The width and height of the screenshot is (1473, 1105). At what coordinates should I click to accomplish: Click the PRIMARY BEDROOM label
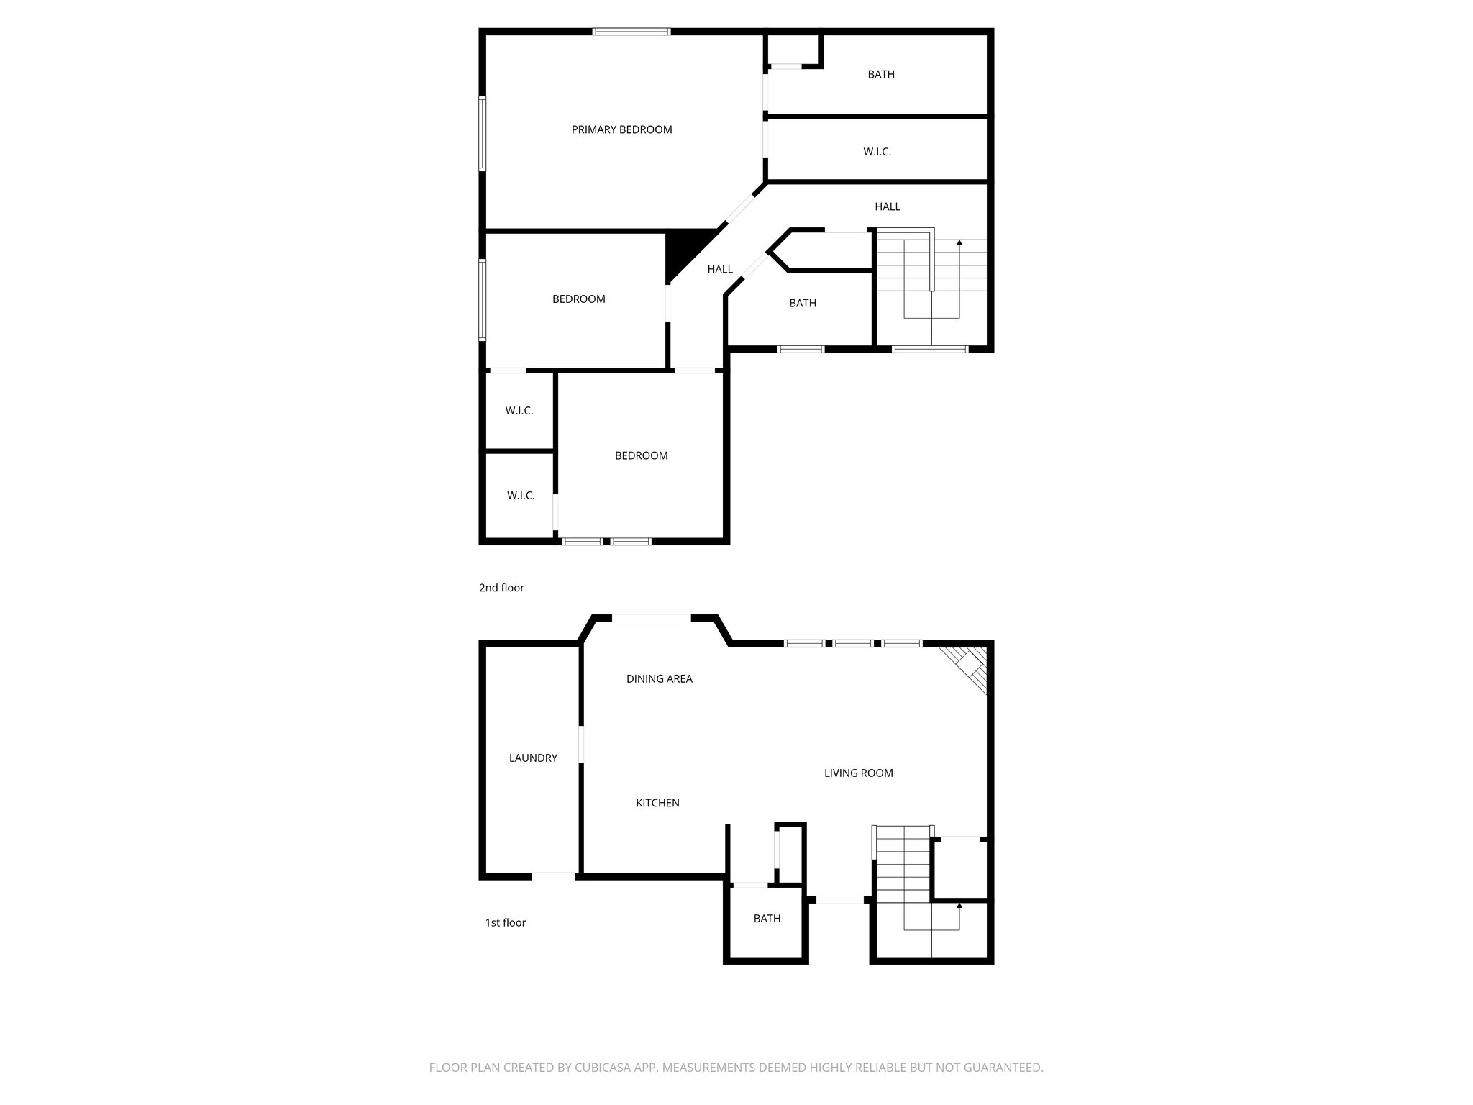tap(621, 129)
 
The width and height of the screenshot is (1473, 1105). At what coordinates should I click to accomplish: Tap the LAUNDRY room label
tap(533, 758)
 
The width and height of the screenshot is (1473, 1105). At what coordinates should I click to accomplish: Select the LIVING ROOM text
tap(858, 773)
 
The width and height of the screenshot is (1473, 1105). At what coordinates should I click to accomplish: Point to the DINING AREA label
tap(659, 678)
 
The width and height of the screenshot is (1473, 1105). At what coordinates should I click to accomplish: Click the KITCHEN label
tap(657, 803)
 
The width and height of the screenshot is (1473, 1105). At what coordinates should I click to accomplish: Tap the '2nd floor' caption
tap(501, 588)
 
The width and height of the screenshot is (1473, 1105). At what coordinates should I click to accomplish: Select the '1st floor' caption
tap(505, 922)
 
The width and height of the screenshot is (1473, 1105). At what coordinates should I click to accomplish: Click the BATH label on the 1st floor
tap(767, 918)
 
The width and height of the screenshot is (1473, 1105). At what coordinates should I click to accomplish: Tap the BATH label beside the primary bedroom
tap(881, 74)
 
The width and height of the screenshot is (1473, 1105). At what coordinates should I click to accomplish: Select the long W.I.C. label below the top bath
tap(877, 152)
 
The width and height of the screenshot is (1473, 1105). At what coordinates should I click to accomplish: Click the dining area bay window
tap(652, 618)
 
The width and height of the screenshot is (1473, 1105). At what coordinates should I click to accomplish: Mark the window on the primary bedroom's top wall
tap(631, 32)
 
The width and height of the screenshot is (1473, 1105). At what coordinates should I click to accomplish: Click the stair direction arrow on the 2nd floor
tap(959, 245)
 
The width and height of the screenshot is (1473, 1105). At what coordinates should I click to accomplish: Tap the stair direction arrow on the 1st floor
tap(959, 908)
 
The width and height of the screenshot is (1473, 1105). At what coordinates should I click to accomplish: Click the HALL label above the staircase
tap(888, 206)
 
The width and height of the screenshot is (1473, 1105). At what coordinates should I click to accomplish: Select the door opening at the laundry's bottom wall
tap(554, 876)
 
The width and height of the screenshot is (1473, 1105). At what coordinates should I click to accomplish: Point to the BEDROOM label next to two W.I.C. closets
tap(641, 455)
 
